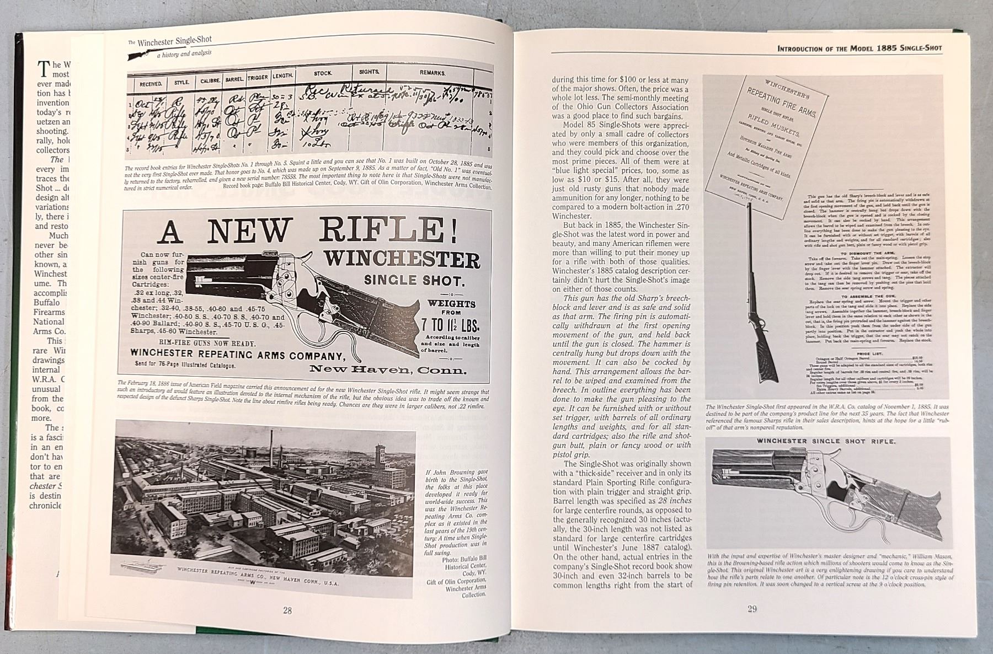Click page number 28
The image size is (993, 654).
click(287, 610)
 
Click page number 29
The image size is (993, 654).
click(752, 609)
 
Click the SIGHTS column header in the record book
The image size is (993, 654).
click(369, 72)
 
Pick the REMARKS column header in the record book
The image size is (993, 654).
click(432, 73)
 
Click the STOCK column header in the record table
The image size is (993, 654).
click(323, 73)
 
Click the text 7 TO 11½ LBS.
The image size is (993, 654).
click(451, 323)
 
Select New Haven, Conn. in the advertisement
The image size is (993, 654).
click(388, 369)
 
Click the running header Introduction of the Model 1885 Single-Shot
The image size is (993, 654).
click(859, 49)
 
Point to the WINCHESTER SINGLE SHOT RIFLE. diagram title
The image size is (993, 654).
click(826, 441)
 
